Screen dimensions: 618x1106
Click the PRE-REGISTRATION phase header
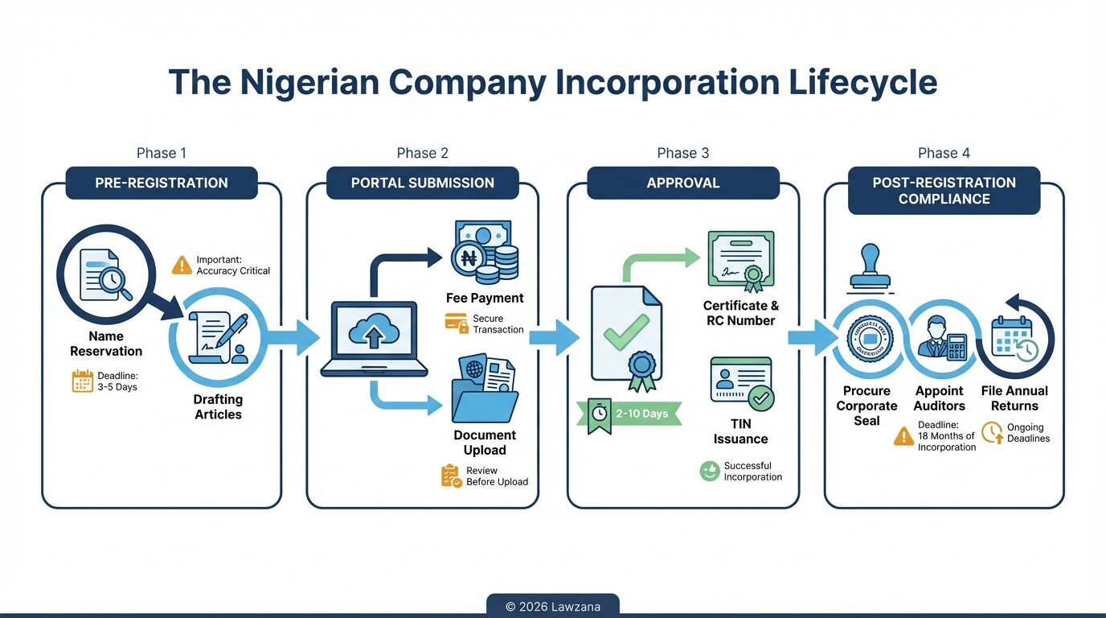161,183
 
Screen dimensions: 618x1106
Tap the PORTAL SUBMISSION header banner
422,183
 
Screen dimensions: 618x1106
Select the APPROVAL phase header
682,183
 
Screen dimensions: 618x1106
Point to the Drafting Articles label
218,407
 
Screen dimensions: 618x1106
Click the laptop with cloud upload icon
374,339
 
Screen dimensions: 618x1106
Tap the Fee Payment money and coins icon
485,253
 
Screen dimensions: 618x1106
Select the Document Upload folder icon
485,391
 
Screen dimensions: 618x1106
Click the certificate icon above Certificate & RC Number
740,260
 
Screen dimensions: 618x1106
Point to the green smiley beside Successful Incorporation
709,472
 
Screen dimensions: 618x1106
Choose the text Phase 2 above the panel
422,153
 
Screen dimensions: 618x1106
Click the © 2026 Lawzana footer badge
553,607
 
